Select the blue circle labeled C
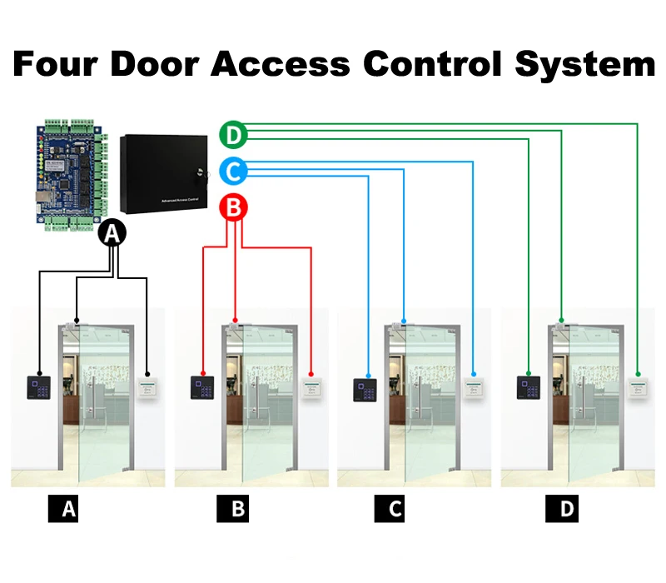pyautogui.click(x=234, y=172)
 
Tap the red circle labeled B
pyautogui.click(x=234, y=207)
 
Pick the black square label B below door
pyautogui.click(x=238, y=509)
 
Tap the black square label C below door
pyautogui.click(x=395, y=509)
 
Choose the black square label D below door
pyautogui.click(x=567, y=509)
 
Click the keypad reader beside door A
pyautogui.click(x=38, y=386)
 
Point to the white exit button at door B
pyautogui.click(x=311, y=389)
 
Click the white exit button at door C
pyautogui.click(x=475, y=389)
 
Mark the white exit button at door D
pyautogui.click(x=638, y=389)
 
